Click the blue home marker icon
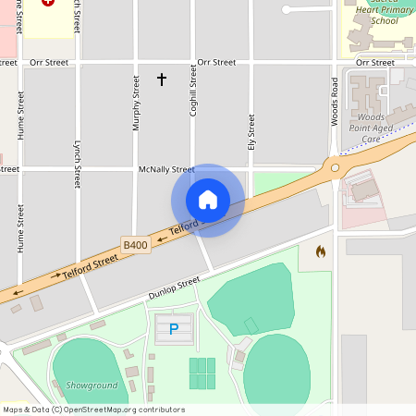pos(208,200)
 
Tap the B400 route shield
pos(135,245)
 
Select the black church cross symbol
pos(162,80)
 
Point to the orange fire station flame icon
pos(321,251)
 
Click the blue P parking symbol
pos(174,328)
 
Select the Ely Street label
pos(251,133)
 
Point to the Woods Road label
pos(335,102)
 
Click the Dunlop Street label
pos(174,288)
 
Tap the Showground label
pos(92,385)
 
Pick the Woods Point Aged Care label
pos(371,128)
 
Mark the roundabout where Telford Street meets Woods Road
pos(335,167)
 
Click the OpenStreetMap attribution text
pos(93,410)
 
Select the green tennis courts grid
pos(202,373)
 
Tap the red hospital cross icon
pos(48,3)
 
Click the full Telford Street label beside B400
pos(91,268)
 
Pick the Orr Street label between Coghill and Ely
pos(217,63)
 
